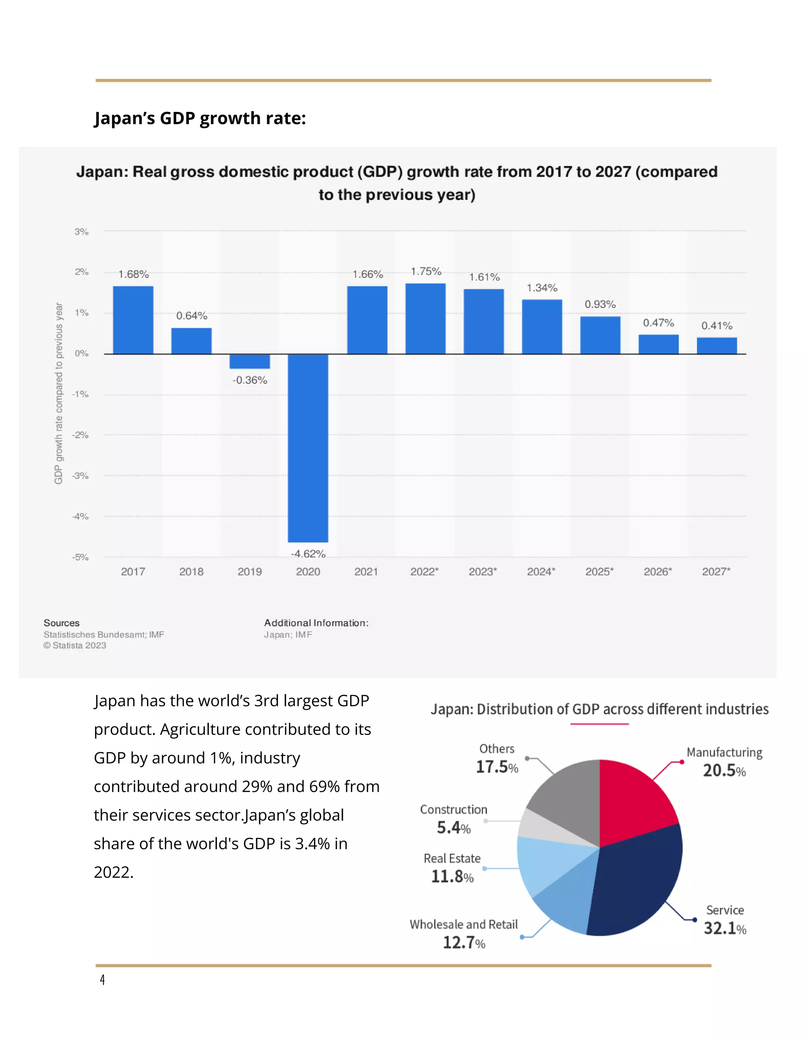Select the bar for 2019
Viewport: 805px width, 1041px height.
click(x=250, y=361)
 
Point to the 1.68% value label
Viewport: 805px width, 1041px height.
click(x=134, y=274)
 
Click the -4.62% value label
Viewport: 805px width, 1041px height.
click(x=308, y=553)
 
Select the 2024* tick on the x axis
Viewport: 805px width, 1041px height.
click(x=541, y=572)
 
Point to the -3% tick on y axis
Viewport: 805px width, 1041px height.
click(x=81, y=476)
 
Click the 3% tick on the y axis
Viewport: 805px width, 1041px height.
click(x=81, y=232)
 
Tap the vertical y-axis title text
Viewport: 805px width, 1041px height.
click(x=58, y=393)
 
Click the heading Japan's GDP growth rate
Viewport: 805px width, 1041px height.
click(x=200, y=118)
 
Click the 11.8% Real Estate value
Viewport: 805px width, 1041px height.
click(x=452, y=876)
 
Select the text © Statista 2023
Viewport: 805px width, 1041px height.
click(x=75, y=645)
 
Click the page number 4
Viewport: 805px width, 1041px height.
click(x=102, y=979)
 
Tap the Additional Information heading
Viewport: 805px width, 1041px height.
click(x=316, y=623)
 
